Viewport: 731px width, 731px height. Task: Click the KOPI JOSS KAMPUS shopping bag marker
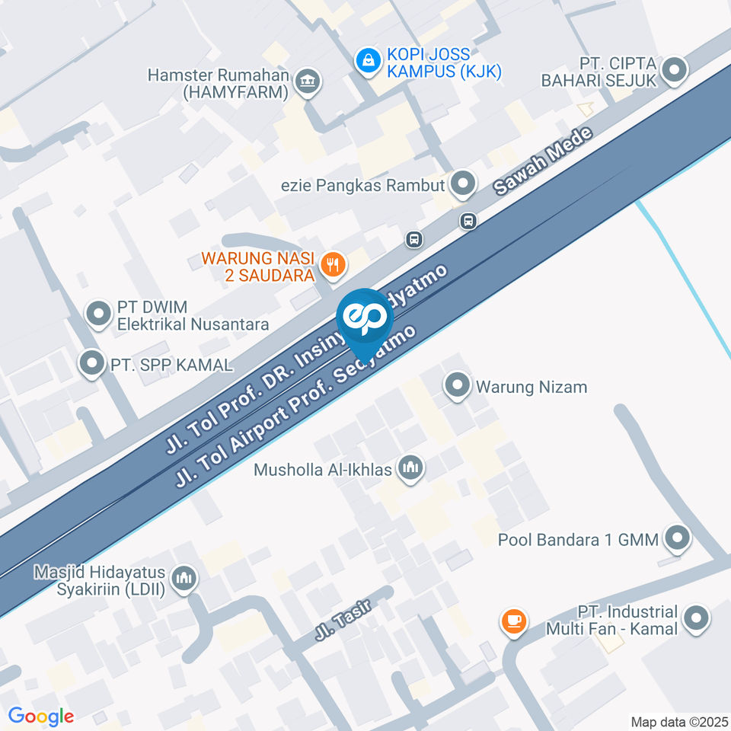368,61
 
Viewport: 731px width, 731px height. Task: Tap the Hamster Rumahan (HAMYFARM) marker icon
308,82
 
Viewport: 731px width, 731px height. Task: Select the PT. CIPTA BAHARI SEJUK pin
675,71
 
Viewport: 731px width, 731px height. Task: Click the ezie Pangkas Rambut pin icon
462,183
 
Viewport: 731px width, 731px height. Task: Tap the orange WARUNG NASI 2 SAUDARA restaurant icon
332,264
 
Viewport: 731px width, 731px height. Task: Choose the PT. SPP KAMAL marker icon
92,363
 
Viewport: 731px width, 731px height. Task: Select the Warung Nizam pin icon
457,385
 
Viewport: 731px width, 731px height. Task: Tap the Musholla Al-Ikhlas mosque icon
410,468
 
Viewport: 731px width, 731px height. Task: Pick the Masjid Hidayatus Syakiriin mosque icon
184,579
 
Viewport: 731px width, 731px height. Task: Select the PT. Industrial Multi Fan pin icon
696,620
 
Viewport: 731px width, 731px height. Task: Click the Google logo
41,716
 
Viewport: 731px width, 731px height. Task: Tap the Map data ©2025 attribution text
679,721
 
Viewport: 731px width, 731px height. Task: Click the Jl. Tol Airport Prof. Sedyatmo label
297,407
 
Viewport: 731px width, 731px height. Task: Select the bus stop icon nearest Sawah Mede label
468,221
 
